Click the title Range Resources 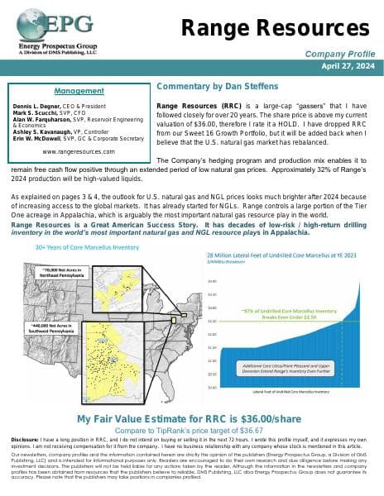269,28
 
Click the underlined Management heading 72,90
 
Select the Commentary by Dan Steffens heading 217,86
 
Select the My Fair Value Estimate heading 192,420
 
